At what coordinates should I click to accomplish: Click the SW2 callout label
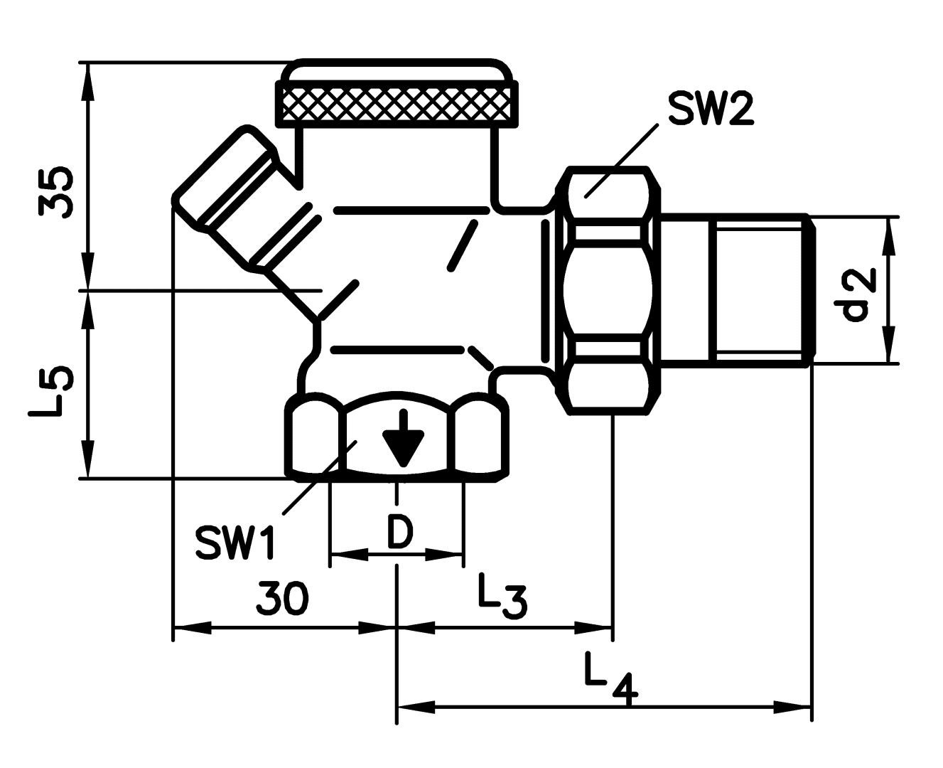(711, 109)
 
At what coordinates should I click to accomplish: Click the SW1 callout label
(235, 542)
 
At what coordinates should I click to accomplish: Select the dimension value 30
(282, 598)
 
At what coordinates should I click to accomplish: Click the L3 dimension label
(502, 597)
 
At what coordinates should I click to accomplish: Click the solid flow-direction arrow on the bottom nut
(403, 439)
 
